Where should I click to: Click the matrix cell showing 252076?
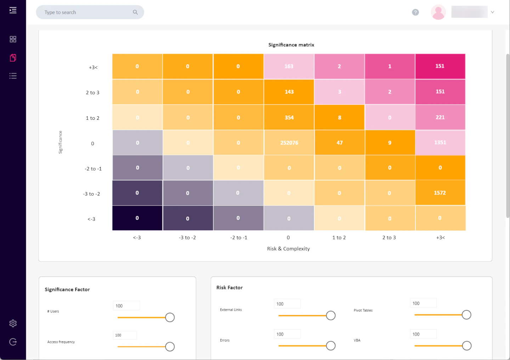[x=289, y=142]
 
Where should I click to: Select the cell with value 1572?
[x=440, y=193]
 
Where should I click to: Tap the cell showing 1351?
[x=440, y=142]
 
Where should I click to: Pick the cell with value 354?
[x=289, y=117]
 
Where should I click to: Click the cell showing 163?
[x=289, y=66]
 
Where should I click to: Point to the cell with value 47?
[x=339, y=142]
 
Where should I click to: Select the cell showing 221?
[x=440, y=117]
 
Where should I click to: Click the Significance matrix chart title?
[x=291, y=45]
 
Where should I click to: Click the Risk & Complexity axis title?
[x=288, y=249]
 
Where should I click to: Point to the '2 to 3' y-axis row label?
[x=92, y=92]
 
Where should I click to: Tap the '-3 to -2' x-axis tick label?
[x=187, y=237]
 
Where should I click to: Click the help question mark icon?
[x=415, y=12]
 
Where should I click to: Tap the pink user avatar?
[x=438, y=12]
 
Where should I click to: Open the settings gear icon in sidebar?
[x=13, y=323]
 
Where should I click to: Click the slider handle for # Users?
[x=170, y=317]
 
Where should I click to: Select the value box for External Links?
[x=287, y=304]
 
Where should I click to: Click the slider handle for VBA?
[x=467, y=345]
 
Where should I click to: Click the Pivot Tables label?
[x=363, y=310]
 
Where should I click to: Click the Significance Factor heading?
[x=67, y=289]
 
